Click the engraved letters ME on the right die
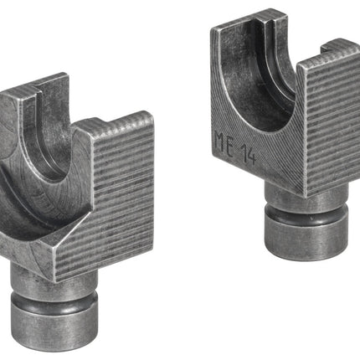224,142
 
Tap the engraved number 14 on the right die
248,155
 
